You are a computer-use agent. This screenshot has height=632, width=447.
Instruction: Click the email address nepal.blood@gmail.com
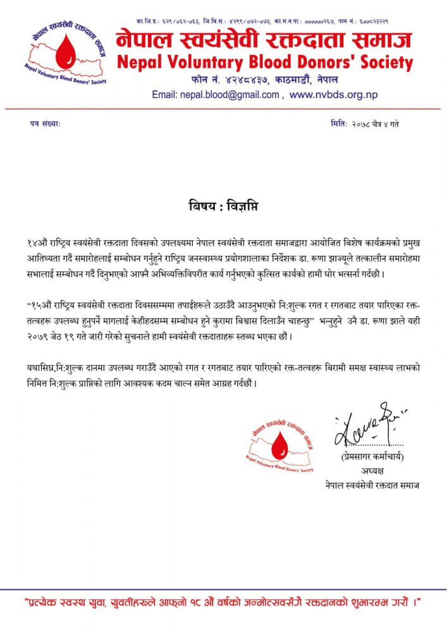(x=216, y=95)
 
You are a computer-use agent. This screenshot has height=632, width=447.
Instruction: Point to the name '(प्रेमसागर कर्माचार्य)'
(x=369, y=456)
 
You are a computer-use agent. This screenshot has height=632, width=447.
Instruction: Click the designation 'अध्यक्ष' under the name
(x=369, y=470)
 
